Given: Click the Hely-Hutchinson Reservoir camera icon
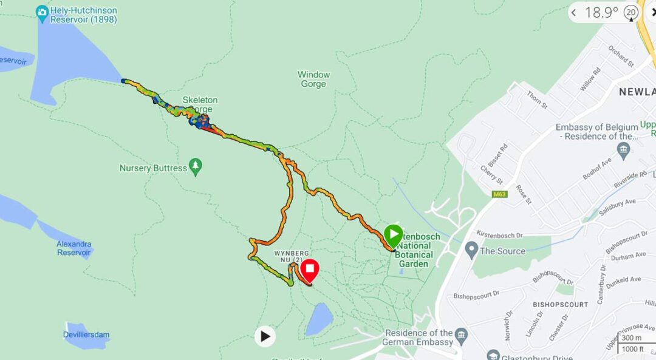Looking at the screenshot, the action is [42, 12].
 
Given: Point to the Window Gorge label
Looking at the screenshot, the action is [313, 79].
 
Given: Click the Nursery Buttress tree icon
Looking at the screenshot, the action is [195, 166].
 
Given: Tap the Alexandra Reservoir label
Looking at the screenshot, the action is [74, 248].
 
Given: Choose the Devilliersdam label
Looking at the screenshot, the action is [86, 335].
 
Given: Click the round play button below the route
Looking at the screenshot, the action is [265, 336].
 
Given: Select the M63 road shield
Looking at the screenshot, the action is [500, 194].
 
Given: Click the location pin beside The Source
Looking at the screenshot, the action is [471, 250].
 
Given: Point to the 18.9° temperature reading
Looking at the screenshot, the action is [601, 12].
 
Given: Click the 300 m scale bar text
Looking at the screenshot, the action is [631, 338].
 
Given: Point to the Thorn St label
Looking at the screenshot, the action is [538, 101].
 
